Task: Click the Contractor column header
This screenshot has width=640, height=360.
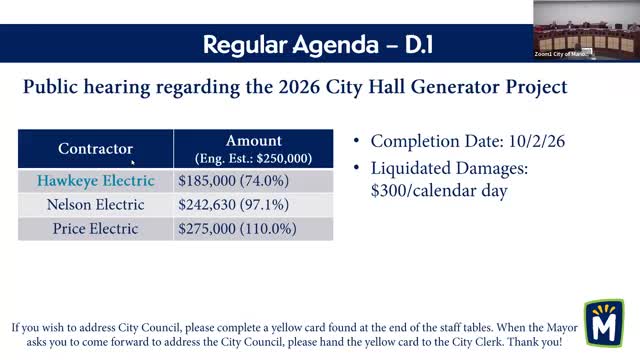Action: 95,149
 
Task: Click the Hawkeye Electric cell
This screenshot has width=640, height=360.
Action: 96,181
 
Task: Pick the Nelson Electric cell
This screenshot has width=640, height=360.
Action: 96,204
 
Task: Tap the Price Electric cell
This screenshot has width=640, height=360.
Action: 96,228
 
